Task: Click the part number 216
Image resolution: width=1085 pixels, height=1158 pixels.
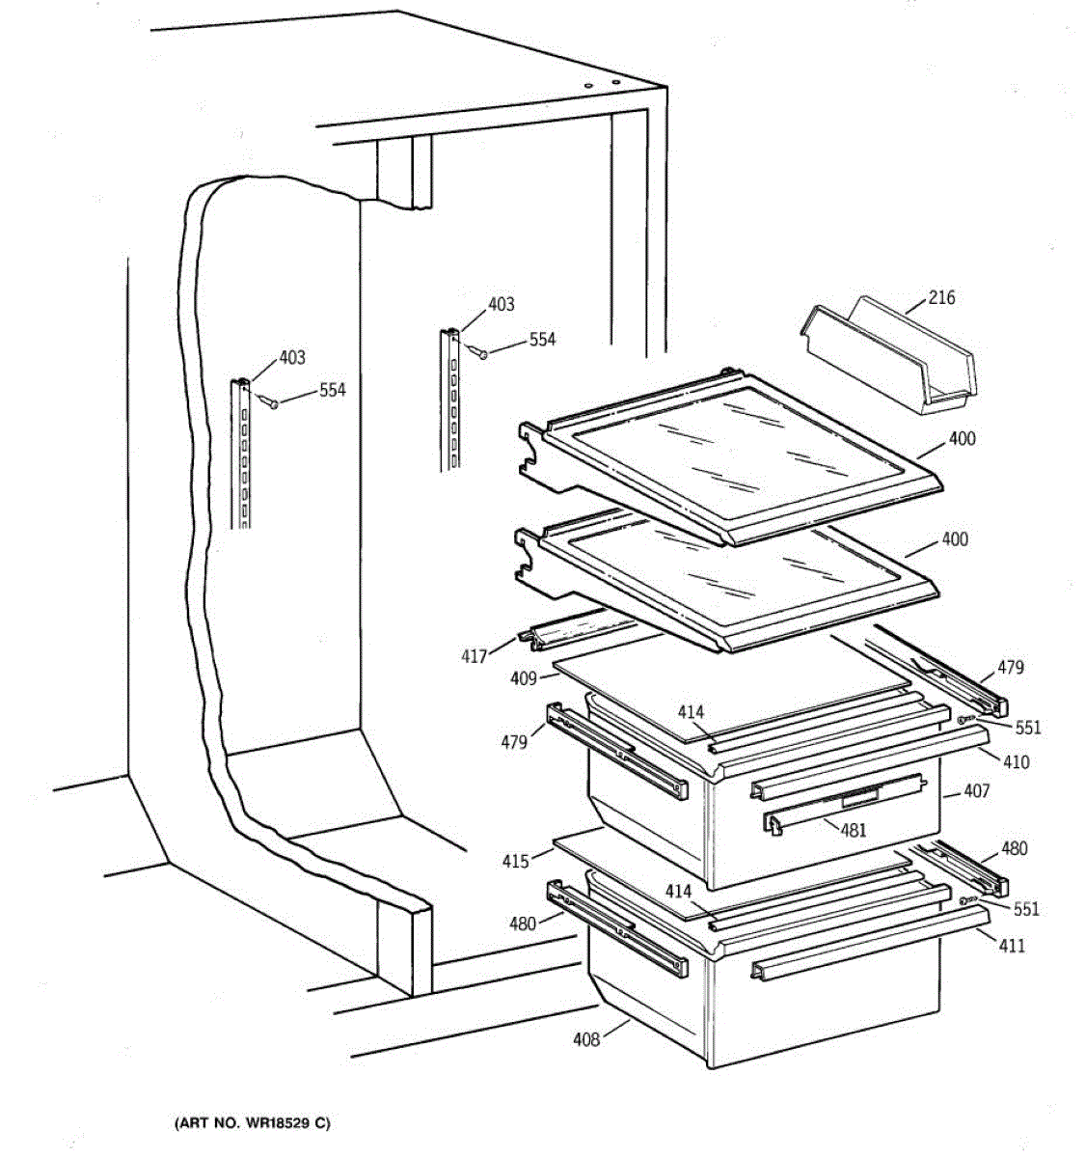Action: coord(941,297)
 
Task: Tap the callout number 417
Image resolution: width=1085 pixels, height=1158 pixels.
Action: coord(474,657)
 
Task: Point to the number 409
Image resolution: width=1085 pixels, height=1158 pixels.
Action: coord(524,679)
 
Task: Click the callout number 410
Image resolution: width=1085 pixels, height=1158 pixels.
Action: coord(1016,761)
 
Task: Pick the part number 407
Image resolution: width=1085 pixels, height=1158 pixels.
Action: coord(976,792)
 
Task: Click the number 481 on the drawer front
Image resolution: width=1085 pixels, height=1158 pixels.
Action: coord(854,829)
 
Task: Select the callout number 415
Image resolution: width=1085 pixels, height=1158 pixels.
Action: coord(516,860)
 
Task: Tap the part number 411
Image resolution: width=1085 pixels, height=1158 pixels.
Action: coord(1012,946)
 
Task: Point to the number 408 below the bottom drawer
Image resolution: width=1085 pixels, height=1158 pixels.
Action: coord(586,1038)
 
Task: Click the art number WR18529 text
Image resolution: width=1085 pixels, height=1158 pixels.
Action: coord(252,1123)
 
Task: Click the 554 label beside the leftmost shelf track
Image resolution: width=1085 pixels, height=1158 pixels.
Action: coord(332,390)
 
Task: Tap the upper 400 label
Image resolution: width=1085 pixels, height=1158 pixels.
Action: coord(962,438)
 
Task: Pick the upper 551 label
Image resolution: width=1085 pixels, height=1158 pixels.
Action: coord(1028,728)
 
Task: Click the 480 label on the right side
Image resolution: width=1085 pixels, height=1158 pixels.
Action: coord(1015,848)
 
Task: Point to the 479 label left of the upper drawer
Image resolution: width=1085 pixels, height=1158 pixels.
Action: coord(514,742)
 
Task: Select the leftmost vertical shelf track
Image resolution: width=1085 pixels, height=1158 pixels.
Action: coord(241,454)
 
